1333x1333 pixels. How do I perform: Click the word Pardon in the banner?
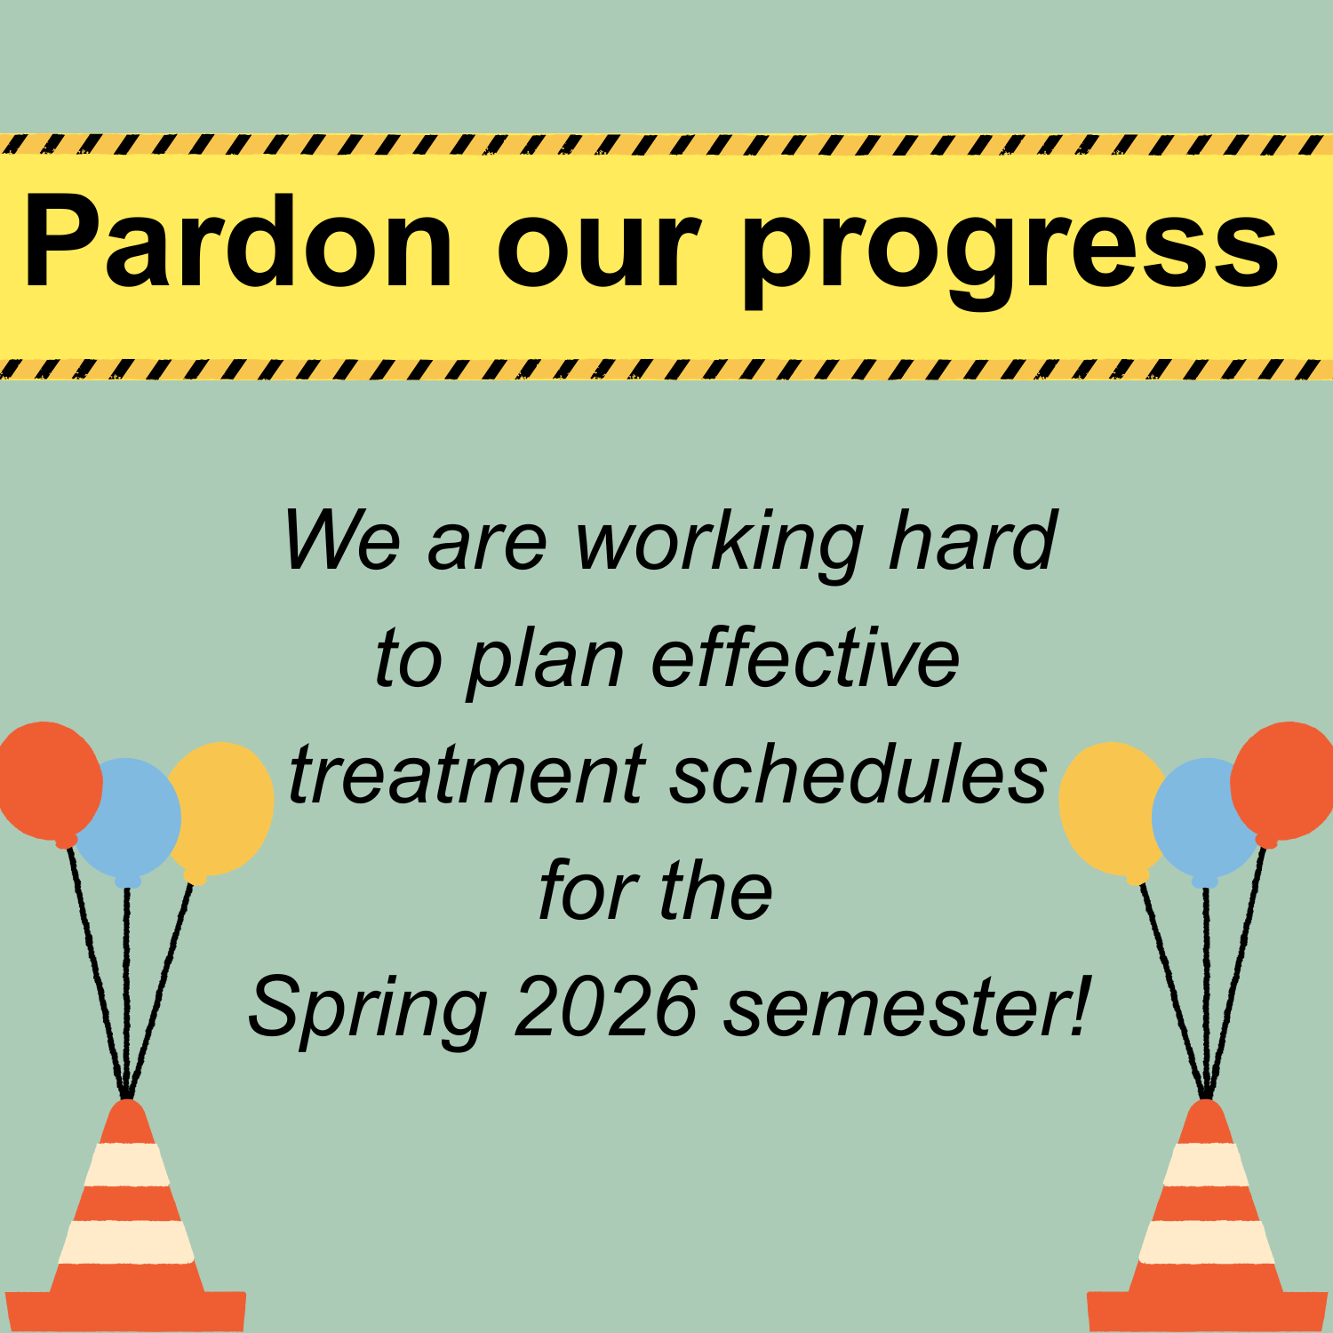[x=238, y=242]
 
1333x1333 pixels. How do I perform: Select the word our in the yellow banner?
[x=599, y=253]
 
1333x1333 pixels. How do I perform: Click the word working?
[x=720, y=544]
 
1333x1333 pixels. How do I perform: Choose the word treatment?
[x=467, y=774]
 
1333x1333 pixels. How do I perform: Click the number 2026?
[x=606, y=1006]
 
